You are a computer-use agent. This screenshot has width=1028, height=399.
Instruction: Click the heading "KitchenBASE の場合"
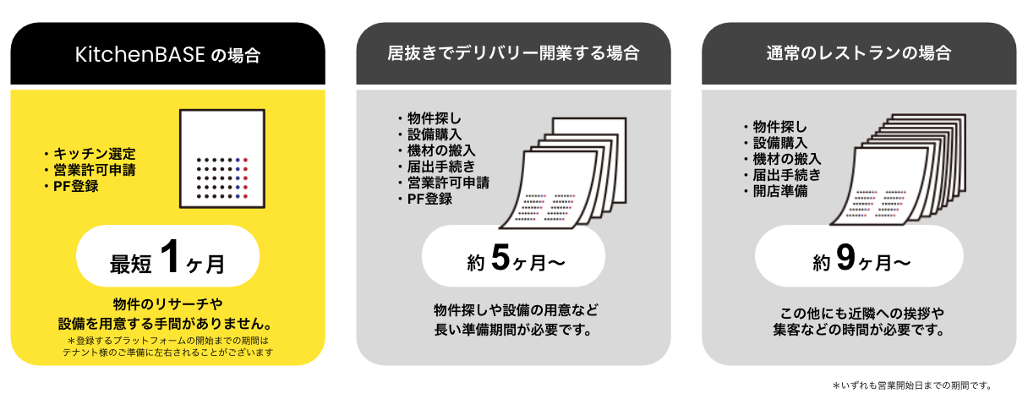167,55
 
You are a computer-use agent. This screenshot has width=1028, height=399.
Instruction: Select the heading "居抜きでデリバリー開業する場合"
513,54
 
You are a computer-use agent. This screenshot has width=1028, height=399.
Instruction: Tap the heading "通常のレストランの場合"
859,54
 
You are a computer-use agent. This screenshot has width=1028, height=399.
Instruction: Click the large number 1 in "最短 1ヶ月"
171,258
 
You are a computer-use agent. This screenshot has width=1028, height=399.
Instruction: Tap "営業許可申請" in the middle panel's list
446,183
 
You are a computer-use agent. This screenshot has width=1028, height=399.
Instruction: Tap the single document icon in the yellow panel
223,160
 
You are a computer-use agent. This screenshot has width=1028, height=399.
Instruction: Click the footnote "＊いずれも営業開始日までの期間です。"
910,385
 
